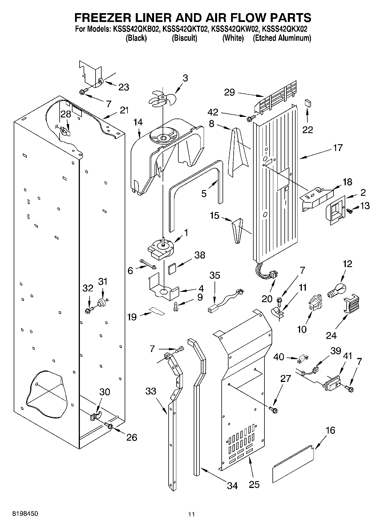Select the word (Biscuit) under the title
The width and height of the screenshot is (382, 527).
point(184,38)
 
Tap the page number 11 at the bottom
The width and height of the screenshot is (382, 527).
point(191,514)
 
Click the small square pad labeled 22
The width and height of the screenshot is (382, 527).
point(308,103)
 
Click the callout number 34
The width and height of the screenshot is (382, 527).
point(232,485)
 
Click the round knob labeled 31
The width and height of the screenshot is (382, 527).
point(101,302)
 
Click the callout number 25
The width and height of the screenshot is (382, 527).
point(254,485)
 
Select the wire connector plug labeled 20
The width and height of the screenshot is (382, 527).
point(274,275)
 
